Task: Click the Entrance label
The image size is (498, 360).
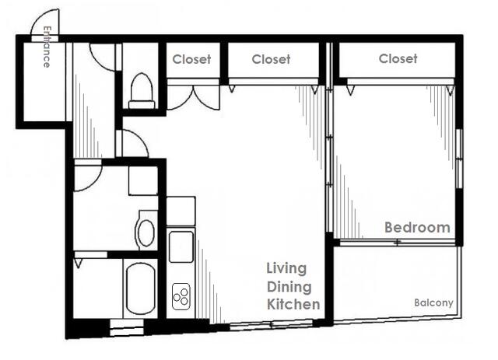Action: (x=47, y=47)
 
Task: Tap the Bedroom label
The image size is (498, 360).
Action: (x=417, y=228)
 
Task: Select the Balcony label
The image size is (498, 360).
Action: (x=433, y=303)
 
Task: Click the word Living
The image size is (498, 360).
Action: (x=286, y=269)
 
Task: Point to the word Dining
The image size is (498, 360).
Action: (x=289, y=287)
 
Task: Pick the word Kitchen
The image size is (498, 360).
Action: (x=293, y=304)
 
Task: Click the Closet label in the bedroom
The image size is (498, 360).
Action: (x=398, y=59)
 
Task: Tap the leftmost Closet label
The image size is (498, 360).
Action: (x=191, y=59)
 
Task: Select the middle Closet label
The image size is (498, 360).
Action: (x=271, y=59)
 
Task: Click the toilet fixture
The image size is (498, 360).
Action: (x=142, y=91)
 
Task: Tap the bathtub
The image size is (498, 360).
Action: (x=141, y=288)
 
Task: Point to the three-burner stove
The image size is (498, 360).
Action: (x=181, y=296)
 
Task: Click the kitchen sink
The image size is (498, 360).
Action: (x=181, y=246)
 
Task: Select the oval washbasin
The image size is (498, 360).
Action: (x=146, y=231)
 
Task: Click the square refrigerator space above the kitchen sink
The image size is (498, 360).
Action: (x=181, y=211)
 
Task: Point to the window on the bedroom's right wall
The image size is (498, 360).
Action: (x=459, y=159)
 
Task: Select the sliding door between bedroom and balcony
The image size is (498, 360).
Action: (x=398, y=243)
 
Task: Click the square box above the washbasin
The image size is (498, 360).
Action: (x=143, y=180)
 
